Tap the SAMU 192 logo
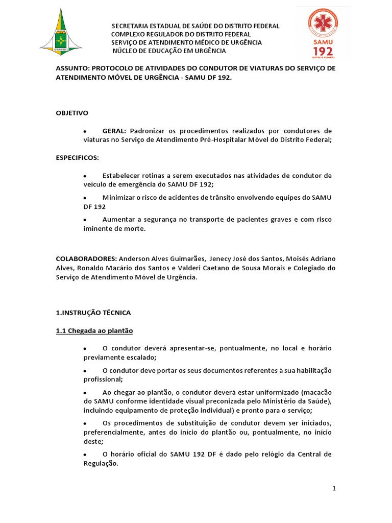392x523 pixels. pos(322,32)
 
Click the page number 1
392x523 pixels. pos(334,488)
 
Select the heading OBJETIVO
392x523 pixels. pos(72,112)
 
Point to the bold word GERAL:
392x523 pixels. pos(114,131)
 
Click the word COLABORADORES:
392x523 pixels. pos(86,258)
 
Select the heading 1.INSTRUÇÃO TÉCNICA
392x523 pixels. pos(93,312)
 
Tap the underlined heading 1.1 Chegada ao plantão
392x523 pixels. pos(94,331)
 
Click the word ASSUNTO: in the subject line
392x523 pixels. pos(72,68)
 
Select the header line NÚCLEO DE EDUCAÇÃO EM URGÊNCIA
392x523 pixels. pos(169,51)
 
